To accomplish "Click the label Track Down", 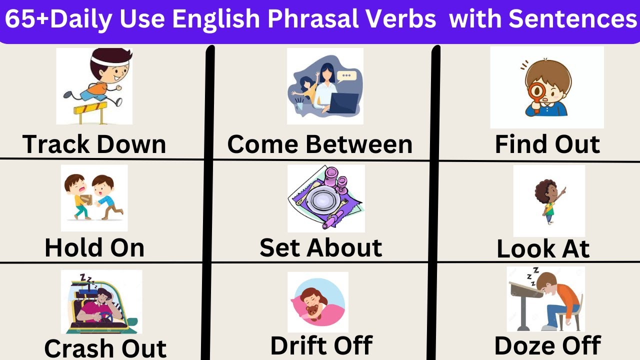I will coord(94,144).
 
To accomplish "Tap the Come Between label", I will coord(320,144).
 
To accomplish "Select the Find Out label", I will coord(547,144).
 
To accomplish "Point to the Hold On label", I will coord(94,247).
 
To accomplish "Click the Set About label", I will coord(320,247).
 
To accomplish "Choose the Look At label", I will coord(543,248).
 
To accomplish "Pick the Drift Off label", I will coord(321,345).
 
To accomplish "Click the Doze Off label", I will coord(547,345).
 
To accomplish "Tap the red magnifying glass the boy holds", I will coord(537,93).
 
